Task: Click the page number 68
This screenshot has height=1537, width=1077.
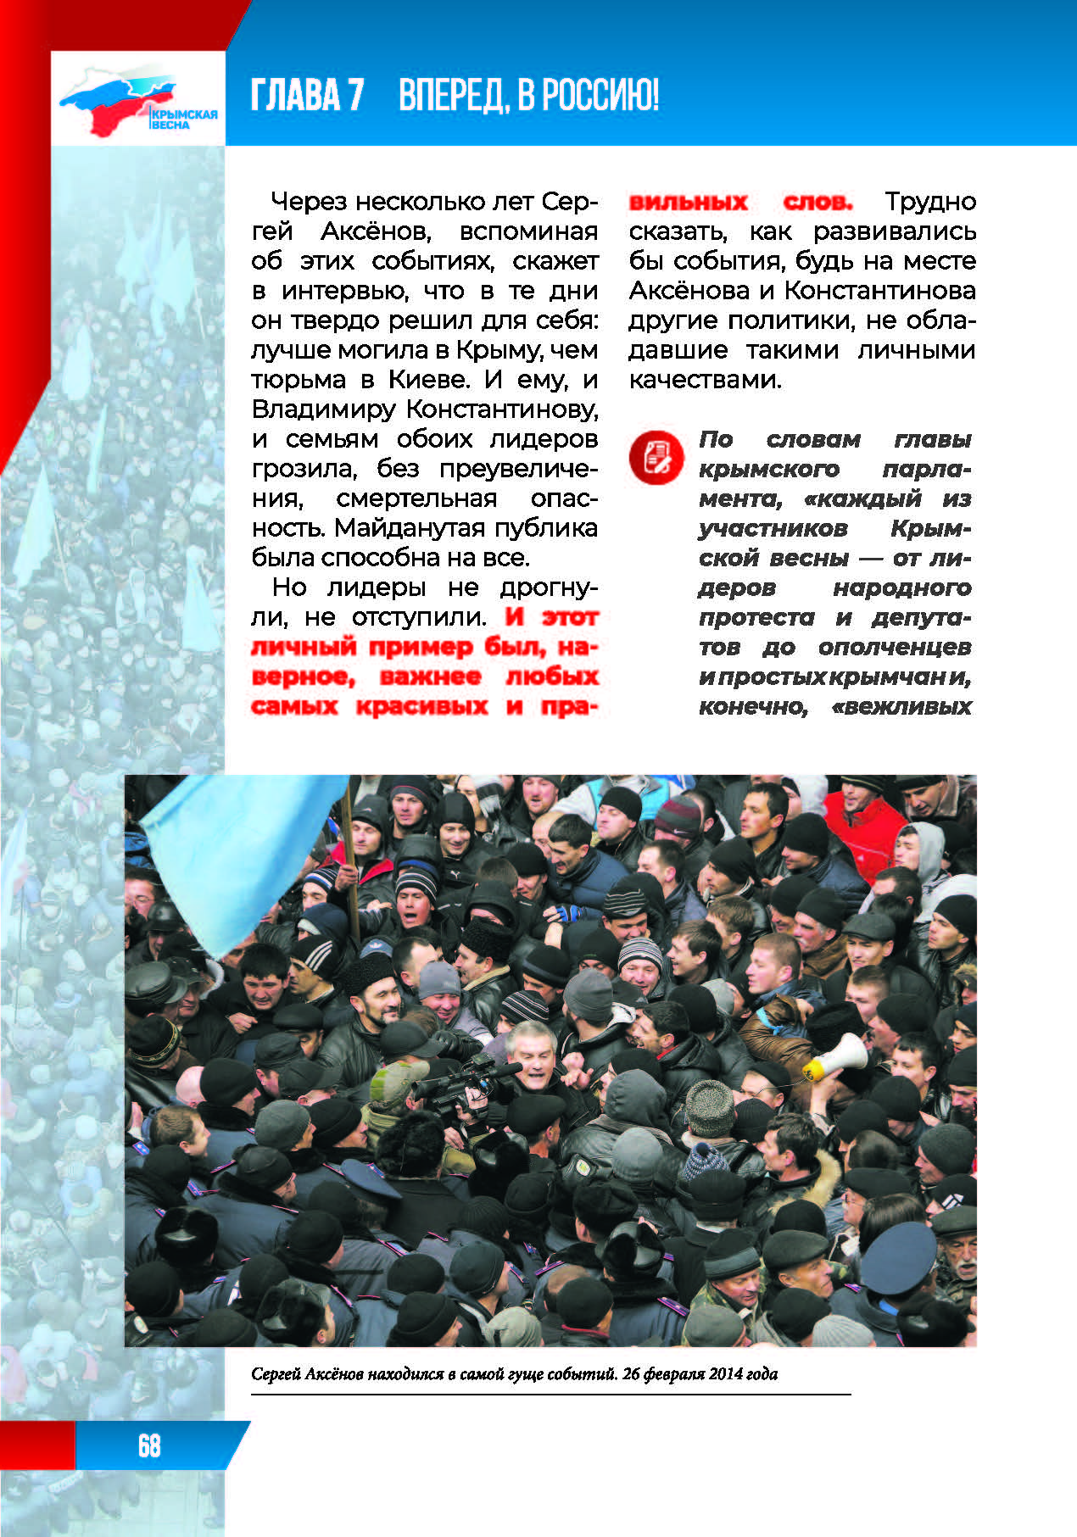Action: point(149,1445)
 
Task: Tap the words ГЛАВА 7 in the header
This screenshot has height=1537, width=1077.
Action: point(307,96)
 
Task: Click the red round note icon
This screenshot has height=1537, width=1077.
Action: point(656,457)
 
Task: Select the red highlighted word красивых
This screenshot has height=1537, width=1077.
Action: point(421,706)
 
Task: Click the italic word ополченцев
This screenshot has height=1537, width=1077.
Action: point(894,647)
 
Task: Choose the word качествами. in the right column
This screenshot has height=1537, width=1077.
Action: point(705,380)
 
